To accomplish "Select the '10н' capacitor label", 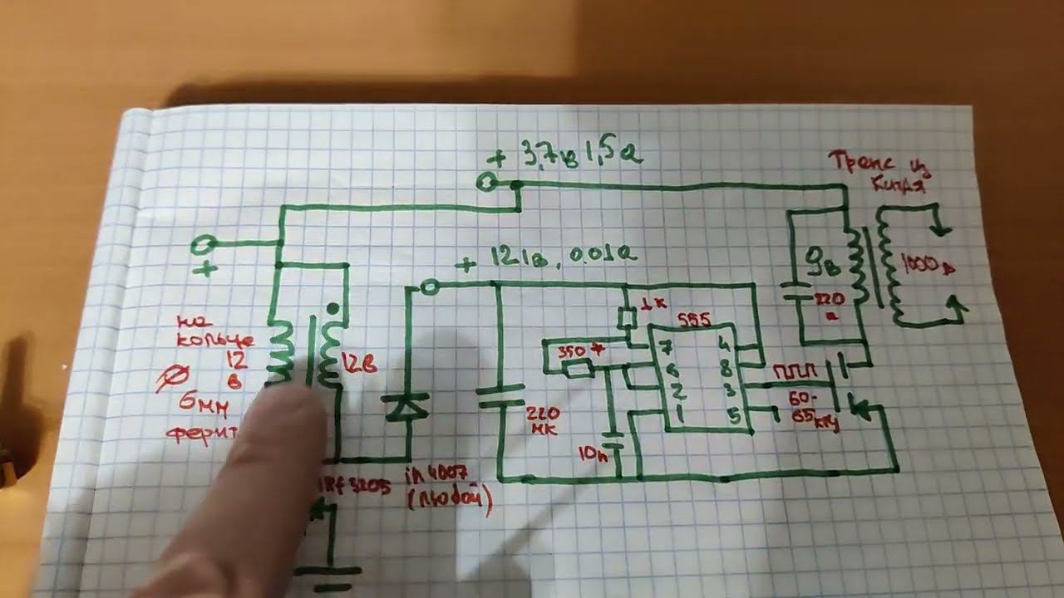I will [x=594, y=453].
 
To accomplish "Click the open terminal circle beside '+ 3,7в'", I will [x=487, y=183].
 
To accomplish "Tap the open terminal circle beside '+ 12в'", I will [x=430, y=287].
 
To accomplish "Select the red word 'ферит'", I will [x=204, y=432].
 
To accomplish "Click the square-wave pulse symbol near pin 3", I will [x=793, y=370].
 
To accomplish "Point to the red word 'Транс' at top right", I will [x=865, y=161].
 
